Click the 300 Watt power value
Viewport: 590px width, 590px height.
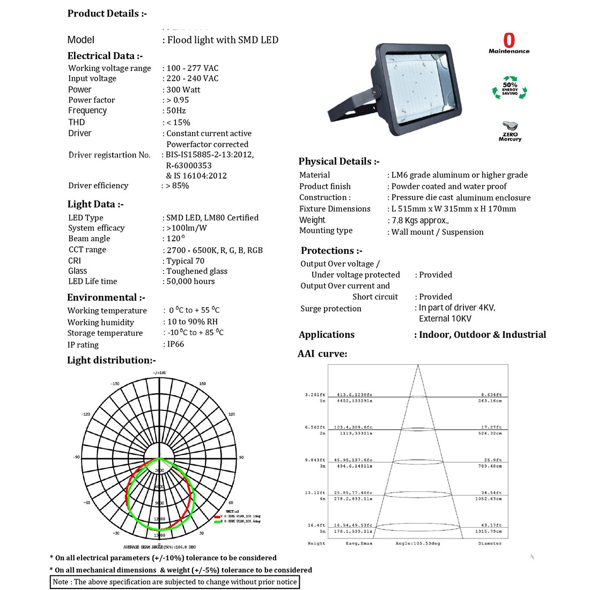click(x=183, y=90)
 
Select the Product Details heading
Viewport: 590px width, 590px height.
click(x=107, y=14)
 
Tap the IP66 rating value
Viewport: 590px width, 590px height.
click(x=175, y=344)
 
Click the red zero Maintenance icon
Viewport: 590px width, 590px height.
click(x=509, y=43)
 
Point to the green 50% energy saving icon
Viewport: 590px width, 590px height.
click(x=510, y=89)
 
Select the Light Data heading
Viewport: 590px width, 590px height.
click(x=95, y=204)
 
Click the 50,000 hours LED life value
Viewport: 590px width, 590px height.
click(x=190, y=282)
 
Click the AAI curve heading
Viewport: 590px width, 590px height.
click(x=322, y=354)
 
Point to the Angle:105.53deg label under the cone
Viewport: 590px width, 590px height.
click(x=418, y=543)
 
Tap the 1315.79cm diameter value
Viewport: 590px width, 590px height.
click(x=490, y=532)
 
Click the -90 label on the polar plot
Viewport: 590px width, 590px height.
click(x=76, y=457)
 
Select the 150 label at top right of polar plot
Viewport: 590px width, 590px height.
click(x=202, y=383)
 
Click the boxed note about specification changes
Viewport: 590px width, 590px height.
click(x=174, y=582)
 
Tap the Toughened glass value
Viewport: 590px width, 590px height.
click(x=197, y=271)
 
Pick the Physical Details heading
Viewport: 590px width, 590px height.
click(x=339, y=161)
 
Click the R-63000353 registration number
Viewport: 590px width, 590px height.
click(x=189, y=165)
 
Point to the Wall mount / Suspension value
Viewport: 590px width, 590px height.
click(x=437, y=232)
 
